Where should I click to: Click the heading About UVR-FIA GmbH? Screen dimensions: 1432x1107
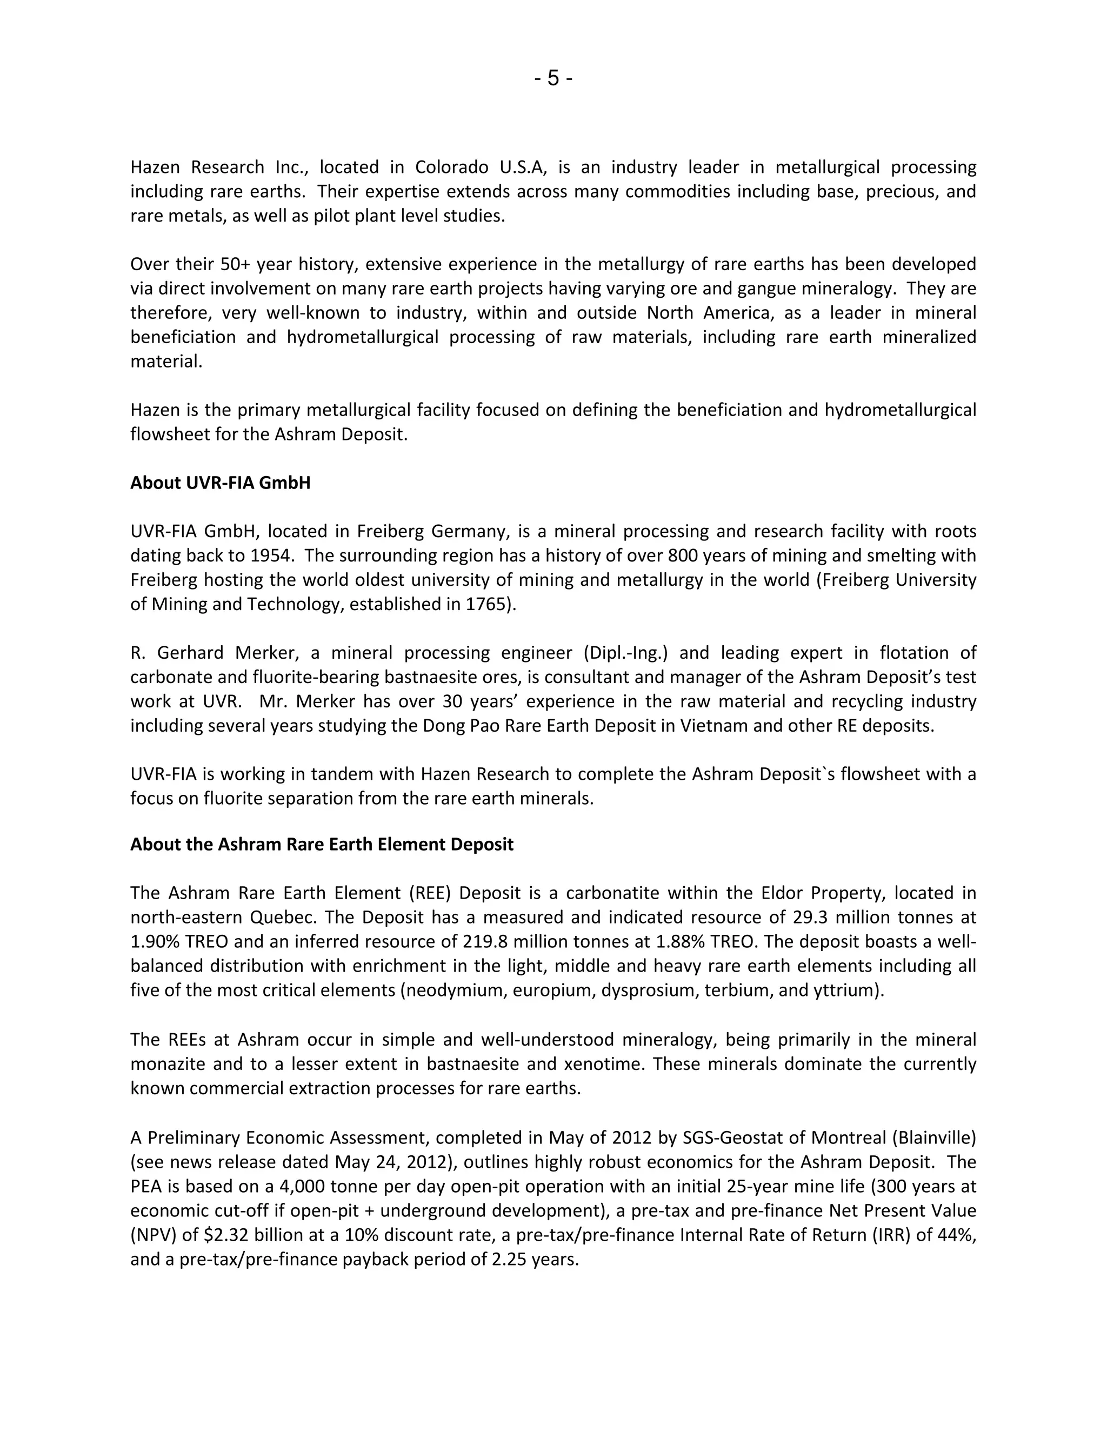coord(221,483)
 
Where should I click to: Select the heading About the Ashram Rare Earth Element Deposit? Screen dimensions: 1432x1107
coord(322,844)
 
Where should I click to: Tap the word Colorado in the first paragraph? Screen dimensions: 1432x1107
coord(451,167)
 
